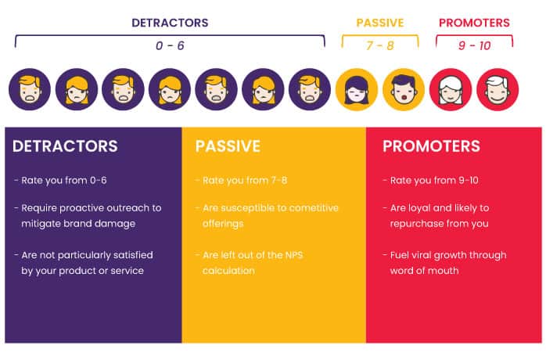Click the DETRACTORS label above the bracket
tap(169, 23)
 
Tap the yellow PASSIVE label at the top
tap(379, 23)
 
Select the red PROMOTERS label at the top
tap(474, 23)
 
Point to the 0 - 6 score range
tap(170, 46)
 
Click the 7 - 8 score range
tap(380, 46)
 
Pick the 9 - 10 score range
tap(474, 46)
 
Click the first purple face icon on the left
tap(30, 89)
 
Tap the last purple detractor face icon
tap(311, 89)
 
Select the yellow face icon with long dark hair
tap(357, 89)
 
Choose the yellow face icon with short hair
tap(404, 89)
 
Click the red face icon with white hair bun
tap(451, 89)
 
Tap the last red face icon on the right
tap(497, 89)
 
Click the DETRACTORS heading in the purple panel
tap(65, 146)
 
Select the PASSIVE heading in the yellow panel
tap(228, 146)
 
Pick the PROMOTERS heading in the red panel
tap(431, 146)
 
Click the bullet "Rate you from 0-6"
tap(60, 180)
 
